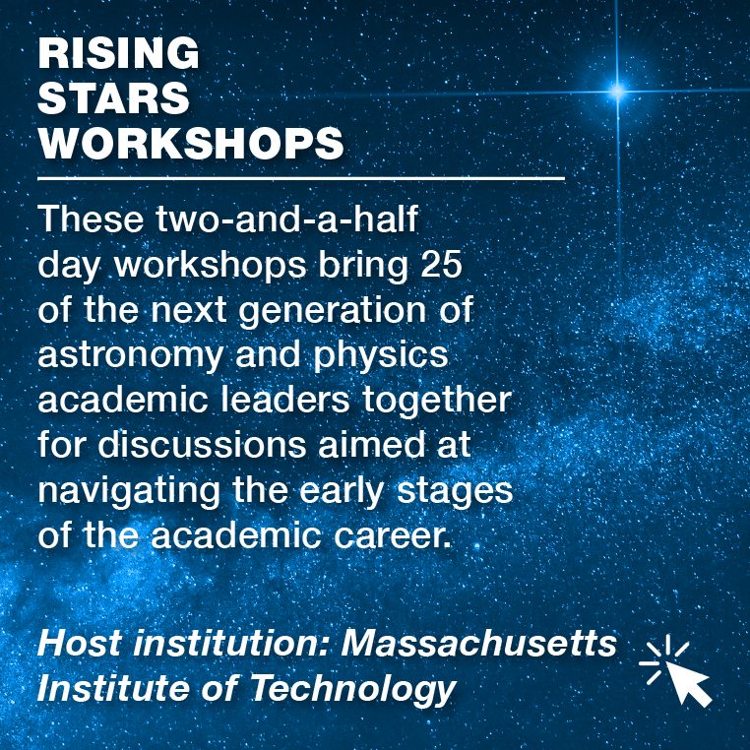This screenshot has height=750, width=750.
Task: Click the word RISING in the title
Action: (118, 53)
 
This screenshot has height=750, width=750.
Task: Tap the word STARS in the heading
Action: (114, 97)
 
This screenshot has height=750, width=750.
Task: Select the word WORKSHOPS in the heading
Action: (191, 143)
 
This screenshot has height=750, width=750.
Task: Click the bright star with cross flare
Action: (617, 91)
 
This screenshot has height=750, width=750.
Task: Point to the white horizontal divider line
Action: (301, 179)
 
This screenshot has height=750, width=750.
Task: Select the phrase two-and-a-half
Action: (287, 219)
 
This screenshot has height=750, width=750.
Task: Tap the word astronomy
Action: (131, 356)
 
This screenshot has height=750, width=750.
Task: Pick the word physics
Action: (381, 355)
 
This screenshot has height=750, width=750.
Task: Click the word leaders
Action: (285, 400)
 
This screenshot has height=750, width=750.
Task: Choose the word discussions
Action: (202, 444)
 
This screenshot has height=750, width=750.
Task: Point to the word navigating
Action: (129, 491)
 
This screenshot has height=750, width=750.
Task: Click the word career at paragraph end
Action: (392, 536)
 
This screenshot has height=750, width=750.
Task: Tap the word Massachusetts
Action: (478, 644)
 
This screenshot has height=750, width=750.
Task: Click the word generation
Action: (333, 311)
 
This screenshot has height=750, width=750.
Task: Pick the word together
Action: (437, 400)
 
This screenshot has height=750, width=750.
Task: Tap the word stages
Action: (455, 491)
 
